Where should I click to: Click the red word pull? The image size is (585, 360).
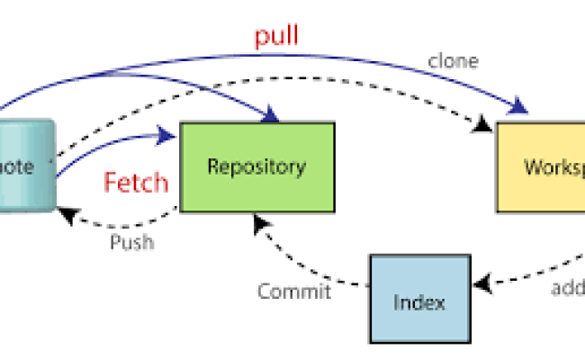[275, 39]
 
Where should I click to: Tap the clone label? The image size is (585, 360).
[453, 62]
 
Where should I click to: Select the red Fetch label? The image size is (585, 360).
[136, 183]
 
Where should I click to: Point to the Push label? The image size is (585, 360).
[131, 241]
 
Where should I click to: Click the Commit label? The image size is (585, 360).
[293, 291]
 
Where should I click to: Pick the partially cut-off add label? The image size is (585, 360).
[567, 288]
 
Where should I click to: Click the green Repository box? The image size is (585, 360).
[257, 167]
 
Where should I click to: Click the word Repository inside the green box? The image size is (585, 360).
[256, 166]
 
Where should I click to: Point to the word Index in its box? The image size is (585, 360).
[419, 301]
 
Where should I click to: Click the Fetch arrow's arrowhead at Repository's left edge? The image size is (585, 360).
[168, 135]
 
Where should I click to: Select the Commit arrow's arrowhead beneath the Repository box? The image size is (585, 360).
[258, 221]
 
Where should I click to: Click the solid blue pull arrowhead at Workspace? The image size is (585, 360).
[519, 111]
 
